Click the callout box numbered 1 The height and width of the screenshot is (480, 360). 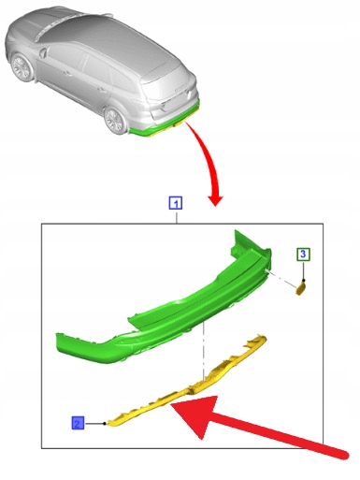(x=176, y=203)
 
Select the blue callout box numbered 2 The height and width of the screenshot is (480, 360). (x=78, y=423)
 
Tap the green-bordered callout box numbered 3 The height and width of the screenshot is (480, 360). (x=303, y=255)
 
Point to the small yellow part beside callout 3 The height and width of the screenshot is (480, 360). (x=300, y=288)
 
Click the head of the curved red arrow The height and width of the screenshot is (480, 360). (x=215, y=199)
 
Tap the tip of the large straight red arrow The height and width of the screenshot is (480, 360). (x=171, y=403)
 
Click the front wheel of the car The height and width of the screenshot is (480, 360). (x=22, y=67)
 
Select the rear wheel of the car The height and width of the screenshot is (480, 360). (x=116, y=121)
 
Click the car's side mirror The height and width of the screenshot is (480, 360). (x=43, y=52)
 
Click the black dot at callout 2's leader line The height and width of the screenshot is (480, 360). (x=105, y=423)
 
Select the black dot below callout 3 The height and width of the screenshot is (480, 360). (x=304, y=281)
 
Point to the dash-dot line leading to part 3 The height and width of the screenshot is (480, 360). (x=282, y=279)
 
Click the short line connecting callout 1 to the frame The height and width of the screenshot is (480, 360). (x=176, y=217)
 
